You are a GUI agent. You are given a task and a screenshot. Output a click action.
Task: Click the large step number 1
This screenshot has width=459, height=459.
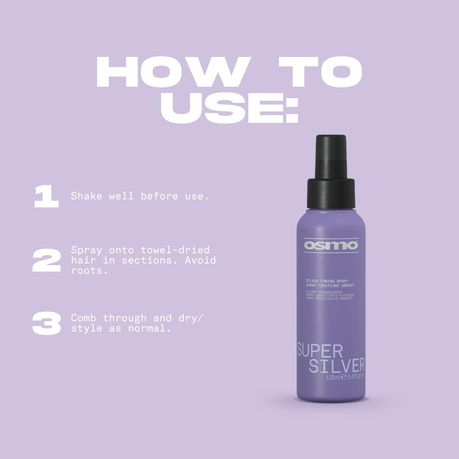pos(46,197)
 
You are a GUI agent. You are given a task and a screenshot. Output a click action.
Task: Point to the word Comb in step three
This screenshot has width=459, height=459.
pos(84,318)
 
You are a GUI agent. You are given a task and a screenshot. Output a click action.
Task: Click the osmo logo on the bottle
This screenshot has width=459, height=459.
pos(325,246)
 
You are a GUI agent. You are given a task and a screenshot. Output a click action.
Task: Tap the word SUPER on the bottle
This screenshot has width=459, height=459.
pos(320,351)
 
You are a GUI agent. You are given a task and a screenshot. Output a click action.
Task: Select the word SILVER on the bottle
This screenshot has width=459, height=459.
pos(337,366)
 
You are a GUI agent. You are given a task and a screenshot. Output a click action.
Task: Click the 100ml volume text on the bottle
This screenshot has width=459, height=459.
pos(333,377)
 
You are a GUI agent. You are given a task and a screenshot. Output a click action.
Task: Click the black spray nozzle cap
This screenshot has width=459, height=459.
pos(331,170)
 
